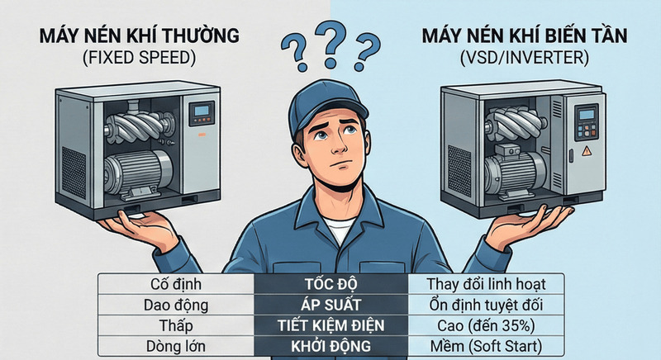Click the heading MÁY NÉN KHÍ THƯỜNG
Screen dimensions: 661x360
[x=139, y=36]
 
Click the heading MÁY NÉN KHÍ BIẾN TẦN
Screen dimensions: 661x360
[x=525, y=36]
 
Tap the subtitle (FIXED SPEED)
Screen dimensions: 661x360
[x=140, y=58]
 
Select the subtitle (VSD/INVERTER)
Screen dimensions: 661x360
[x=525, y=58]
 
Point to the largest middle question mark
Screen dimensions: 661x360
[x=331, y=44]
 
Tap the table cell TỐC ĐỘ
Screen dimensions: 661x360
[x=331, y=284]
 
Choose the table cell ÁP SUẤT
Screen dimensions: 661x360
[x=331, y=305]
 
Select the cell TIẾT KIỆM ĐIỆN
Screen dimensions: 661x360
[x=331, y=325]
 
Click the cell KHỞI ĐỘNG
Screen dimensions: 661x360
[x=331, y=346]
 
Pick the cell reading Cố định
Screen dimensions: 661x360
[x=176, y=284]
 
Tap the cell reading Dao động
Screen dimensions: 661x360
[x=176, y=305]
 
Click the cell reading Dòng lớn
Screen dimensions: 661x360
[x=176, y=346]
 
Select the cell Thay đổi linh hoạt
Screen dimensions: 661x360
[x=486, y=284]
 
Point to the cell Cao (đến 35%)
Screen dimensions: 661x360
[x=486, y=325]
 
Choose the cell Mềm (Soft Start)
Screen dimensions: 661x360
[x=486, y=346]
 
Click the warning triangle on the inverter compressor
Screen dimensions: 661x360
[x=587, y=151]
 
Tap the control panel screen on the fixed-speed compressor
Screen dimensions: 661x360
[x=202, y=111]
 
